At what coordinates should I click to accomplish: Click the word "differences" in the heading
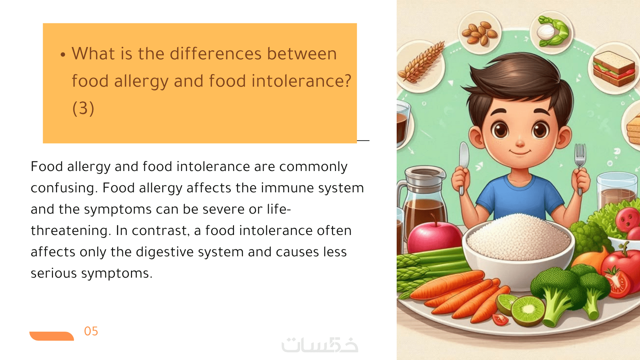point(216,54)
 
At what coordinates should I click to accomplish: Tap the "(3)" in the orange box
point(83,108)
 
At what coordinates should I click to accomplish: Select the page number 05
point(91,331)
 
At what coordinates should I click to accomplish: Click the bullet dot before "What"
point(63,55)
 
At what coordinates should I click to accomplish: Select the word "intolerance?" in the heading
point(301,81)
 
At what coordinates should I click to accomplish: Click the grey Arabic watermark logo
point(320,345)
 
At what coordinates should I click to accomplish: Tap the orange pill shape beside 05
point(52,336)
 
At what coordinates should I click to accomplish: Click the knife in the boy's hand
point(463,167)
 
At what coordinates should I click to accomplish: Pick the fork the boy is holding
point(580,167)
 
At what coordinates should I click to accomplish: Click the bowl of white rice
point(519,247)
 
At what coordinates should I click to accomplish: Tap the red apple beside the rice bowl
point(434,237)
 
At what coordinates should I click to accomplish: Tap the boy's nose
point(520,144)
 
